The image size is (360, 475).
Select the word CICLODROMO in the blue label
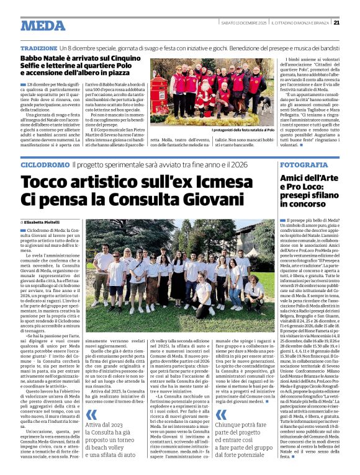coord(43,166)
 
